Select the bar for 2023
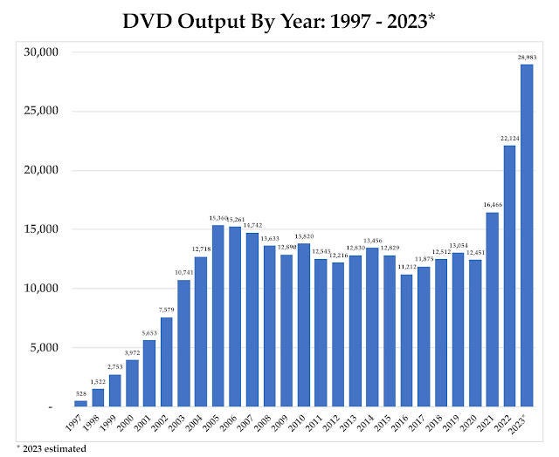coord(527,235)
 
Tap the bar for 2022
coord(509,276)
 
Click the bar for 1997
coord(80,404)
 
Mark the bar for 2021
coord(492,310)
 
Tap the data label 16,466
coord(492,205)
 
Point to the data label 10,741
coord(183,273)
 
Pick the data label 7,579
coord(166,310)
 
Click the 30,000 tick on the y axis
coord(39,52)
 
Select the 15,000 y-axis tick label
coord(39,229)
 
